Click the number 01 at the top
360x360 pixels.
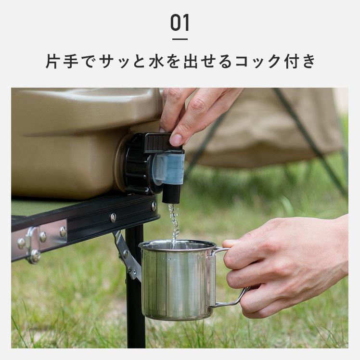pyautogui.click(x=180, y=23)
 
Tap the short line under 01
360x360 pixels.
pyautogui.click(x=180, y=39)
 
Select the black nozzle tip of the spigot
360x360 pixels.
pyautogui.click(x=171, y=193)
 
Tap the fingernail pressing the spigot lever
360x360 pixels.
pyautogui.click(x=176, y=140)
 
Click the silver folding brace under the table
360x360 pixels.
pyautogui.click(x=126, y=255)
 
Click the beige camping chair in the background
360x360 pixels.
pyautogui.click(x=270, y=130)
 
